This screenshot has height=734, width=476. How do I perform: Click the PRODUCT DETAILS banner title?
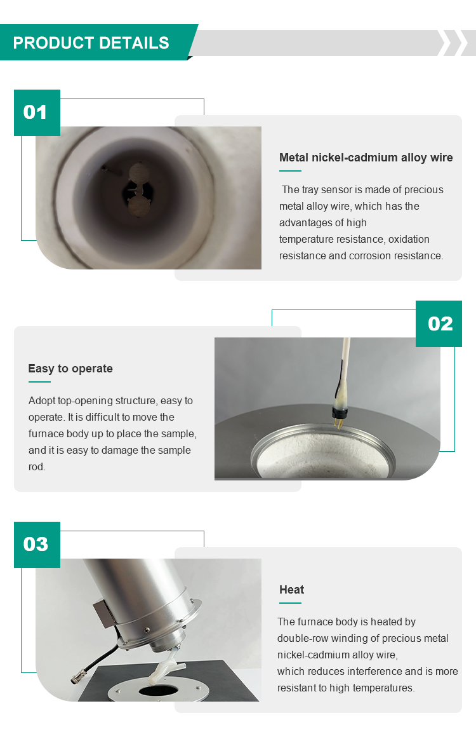point(91,43)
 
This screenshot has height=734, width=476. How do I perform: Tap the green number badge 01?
point(37,112)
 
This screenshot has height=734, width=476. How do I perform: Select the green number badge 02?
point(439,323)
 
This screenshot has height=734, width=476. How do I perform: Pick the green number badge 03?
point(37,545)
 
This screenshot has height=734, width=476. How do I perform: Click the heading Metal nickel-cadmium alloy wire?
point(366,158)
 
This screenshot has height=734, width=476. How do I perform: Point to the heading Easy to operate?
point(70,369)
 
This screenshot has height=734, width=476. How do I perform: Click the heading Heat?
point(291,590)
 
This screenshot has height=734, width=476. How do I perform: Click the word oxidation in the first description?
point(409,239)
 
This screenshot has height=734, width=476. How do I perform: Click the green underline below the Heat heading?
point(290,602)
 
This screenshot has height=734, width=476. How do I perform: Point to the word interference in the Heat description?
point(374,671)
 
